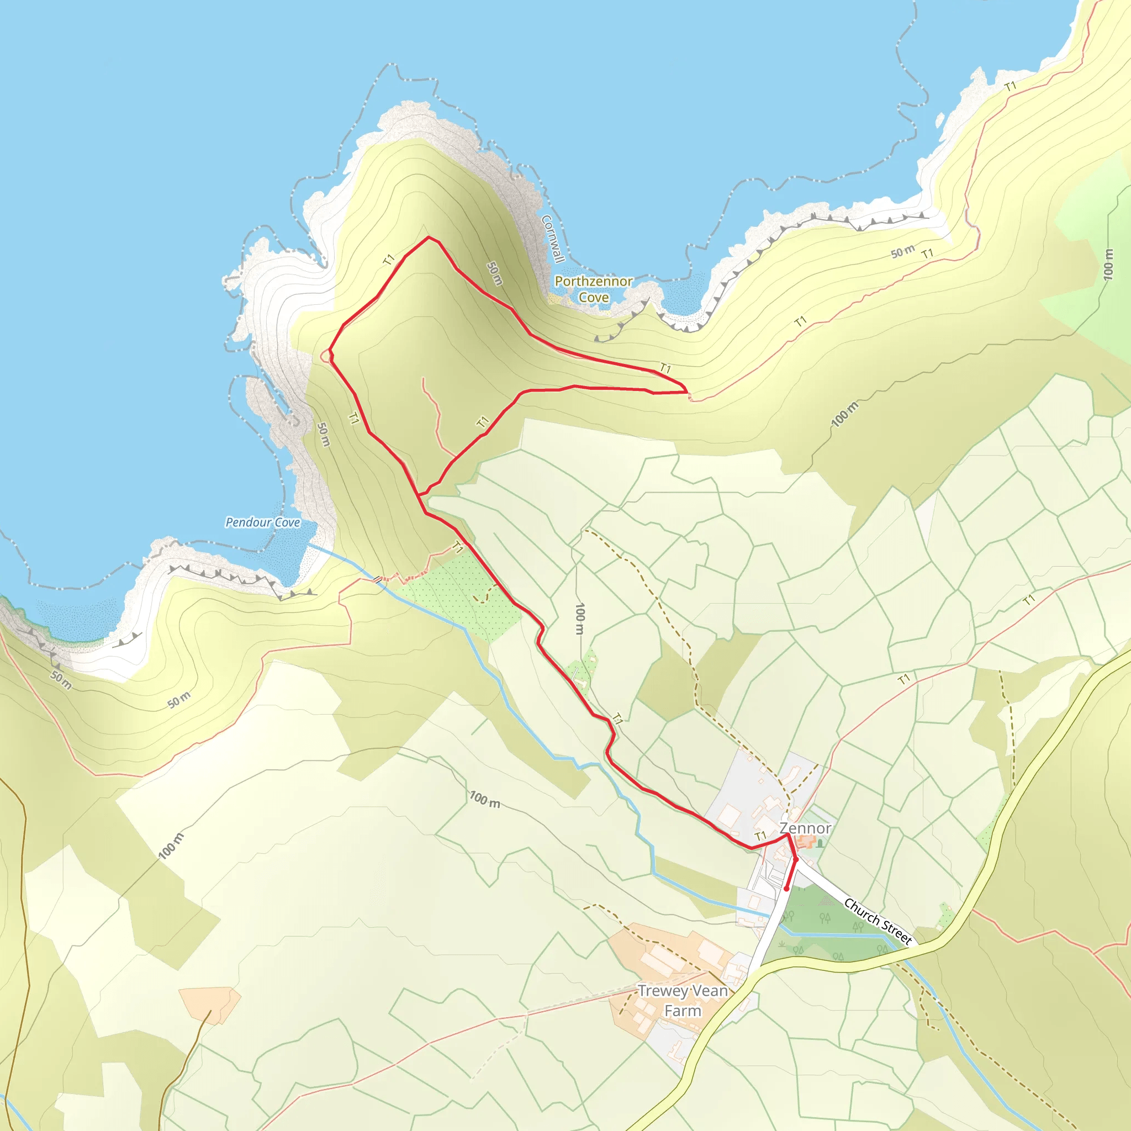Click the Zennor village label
pos(805,828)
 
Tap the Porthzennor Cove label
pos(593,289)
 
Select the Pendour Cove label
pos(263,522)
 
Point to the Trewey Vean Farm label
pos(683,1001)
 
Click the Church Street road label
pos(878,921)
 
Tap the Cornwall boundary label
pos(552,239)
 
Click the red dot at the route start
pos(786,889)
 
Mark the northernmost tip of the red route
pos(429,237)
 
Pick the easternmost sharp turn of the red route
pos(685,391)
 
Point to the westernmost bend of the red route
pos(330,352)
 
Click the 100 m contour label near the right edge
pos(1108,265)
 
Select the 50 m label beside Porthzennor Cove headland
pos(495,273)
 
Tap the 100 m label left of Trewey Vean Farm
pos(170,847)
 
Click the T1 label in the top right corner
pos(1010,87)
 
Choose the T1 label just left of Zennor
pos(760,836)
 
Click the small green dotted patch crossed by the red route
pos(579,669)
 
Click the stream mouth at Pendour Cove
pos(309,546)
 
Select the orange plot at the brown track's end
pos(209,1005)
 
